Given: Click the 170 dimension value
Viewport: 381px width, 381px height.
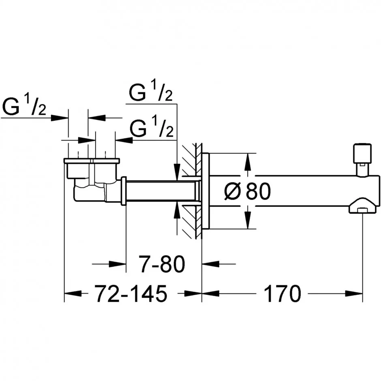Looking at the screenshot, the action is click(282, 293).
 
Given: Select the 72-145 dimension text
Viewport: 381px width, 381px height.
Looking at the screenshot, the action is click(131, 293).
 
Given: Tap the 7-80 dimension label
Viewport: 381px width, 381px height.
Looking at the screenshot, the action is click(162, 263).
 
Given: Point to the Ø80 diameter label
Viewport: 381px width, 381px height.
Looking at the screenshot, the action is click(247, 191).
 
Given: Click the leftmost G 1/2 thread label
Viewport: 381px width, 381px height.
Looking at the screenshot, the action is click(24, 106).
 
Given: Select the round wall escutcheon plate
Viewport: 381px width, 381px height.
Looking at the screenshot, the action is click(205, 191).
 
